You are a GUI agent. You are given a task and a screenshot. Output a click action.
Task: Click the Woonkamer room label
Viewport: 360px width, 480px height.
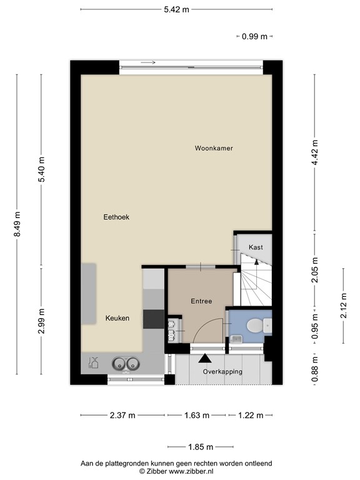(x=213, y=148)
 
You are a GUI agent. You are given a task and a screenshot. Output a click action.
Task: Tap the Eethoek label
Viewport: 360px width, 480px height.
(x=116, y=217)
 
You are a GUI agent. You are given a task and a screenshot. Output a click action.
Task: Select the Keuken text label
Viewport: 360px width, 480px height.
(x=117, y=318)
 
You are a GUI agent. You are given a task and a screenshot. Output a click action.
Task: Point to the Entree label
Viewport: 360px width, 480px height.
(x=201, y=301)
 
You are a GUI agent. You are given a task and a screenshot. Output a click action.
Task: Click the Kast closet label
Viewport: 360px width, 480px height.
(x=256, y=247)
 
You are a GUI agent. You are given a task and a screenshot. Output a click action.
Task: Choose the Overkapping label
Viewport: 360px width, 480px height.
(x=222, y=372)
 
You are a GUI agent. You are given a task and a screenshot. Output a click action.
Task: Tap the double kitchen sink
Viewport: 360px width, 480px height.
(x=124, y=363)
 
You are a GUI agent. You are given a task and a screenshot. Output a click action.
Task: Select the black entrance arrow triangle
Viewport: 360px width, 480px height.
(x=204, y=359)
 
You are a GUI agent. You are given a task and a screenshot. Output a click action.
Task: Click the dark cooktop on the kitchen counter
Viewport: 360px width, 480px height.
(x=152, y=319)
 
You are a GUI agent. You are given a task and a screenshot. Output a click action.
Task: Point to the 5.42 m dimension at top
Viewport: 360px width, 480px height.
(x=176, y=9)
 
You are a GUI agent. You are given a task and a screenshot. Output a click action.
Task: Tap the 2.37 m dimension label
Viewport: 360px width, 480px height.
(x=122, y=415)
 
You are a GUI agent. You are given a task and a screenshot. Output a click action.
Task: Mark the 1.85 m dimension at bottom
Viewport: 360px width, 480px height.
(x=200, y=447)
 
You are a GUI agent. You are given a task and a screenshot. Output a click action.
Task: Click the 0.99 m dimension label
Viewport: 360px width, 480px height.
(x=254, y=36)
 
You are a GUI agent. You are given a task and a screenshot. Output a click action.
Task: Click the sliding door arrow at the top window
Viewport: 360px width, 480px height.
(x=148, y=62)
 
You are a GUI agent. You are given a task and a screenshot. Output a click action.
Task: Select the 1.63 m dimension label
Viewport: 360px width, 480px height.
(x=196, y=415)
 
